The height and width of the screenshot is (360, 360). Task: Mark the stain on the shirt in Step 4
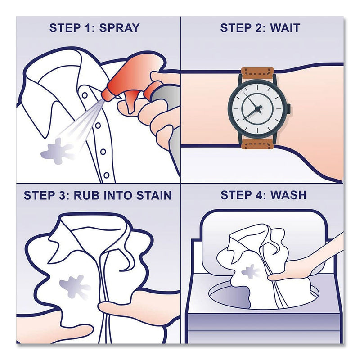coord(248,271)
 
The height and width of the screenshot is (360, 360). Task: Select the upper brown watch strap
coord(257,73)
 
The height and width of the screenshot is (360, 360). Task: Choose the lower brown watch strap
coord(257,143)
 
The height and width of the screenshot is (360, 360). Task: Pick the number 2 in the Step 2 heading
coord(260,28)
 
